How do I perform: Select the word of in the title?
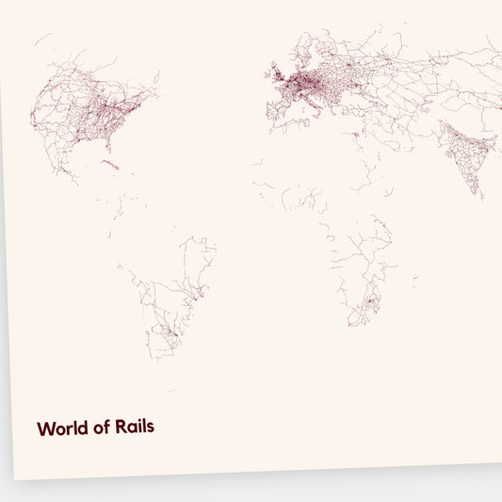coord(101,428)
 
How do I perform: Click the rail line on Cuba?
coord(111,166)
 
